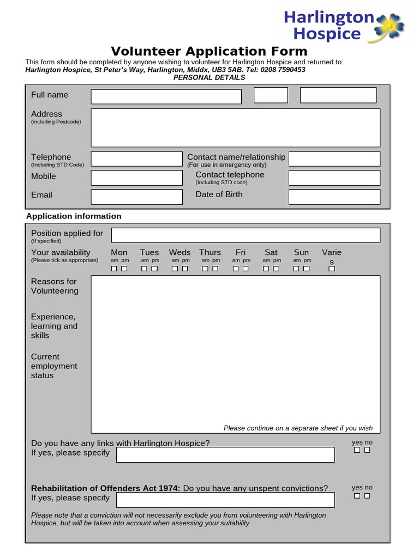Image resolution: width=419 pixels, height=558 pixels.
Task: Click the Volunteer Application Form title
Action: [209, 51]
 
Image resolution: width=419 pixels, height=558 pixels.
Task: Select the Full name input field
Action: [166, 96]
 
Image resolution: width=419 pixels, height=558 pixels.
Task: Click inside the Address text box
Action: [235, 128]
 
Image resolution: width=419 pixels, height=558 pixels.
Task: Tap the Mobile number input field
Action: [136, 178]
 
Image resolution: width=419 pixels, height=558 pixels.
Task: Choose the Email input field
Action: [136, 197]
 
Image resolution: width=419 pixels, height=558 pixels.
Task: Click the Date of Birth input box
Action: [334, 197]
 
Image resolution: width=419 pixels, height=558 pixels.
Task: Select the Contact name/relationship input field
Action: [334, 159]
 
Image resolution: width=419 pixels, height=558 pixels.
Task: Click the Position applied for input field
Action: [246, 235]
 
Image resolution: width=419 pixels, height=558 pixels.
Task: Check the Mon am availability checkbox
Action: [114, 269]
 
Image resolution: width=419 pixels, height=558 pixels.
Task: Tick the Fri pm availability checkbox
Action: [246, 269]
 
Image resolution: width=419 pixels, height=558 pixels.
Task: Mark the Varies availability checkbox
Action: [331, 269]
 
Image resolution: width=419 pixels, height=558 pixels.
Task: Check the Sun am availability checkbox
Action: [296, 269]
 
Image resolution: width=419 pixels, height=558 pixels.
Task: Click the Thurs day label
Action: [210, 252]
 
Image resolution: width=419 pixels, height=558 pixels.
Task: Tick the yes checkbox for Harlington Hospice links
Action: [357, 450]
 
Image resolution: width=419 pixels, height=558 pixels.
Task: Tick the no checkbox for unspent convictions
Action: [367, 495]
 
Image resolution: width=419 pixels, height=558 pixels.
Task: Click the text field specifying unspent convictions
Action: [225, 500]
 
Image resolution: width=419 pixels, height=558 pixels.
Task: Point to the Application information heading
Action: [74, 216]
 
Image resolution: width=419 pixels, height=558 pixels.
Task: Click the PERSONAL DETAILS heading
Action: [209, 77]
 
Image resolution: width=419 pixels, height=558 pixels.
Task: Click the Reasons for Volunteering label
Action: [55, 286]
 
